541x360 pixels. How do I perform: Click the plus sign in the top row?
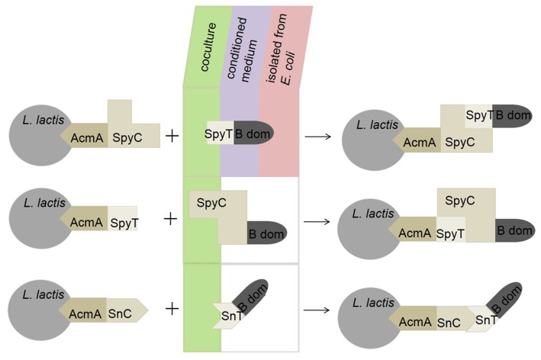point(172,137)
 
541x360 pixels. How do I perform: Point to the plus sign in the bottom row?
point(172,308)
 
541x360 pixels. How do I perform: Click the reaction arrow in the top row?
point(317,137)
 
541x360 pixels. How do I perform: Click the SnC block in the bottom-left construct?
point(124,312)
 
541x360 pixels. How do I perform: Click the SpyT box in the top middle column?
point(220,133)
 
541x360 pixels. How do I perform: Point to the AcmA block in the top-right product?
point(418,143)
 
